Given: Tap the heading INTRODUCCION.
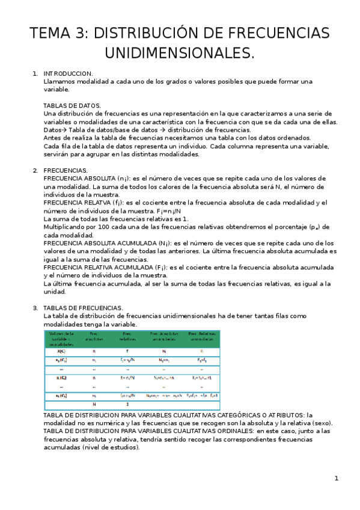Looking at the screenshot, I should click(68, 73).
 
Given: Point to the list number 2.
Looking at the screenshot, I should click(35, 171).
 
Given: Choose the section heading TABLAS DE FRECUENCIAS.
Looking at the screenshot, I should click(83, 308).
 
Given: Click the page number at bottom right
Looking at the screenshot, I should click(337, 479).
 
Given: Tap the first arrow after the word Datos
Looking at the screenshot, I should click(66, 130).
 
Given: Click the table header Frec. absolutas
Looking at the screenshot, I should click(93, 337).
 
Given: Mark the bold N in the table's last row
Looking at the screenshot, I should click(94, 405).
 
